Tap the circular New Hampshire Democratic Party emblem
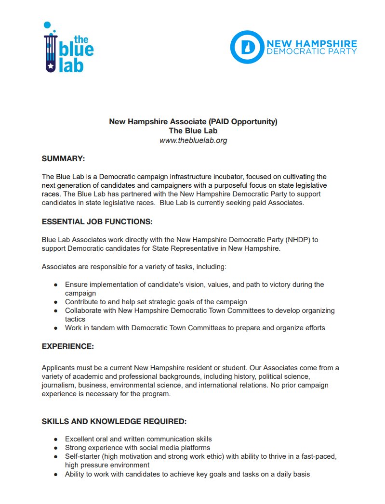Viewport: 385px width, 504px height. pyautogui.click(x=247, y=47)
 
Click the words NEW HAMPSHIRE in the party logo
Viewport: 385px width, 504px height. pyautogui.click(x=312, y=43)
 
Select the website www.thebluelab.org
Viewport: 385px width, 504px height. pyautogui.click(x=193, y=141)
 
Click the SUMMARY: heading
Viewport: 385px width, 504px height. pyautogui.click(x=63, y=158)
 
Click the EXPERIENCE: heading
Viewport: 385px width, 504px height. pyautogui.click(x=67, y=346)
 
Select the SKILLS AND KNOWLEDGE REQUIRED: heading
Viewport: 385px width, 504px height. pyautogui.click(x=114, y=421)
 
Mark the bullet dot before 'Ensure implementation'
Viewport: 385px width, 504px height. pyautogui.click(x=56, y=284)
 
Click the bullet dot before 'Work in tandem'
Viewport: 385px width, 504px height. pyautogui.click(x=56, y=328)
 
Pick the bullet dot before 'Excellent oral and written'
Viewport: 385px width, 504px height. pyautogui.click(x=56, y=439)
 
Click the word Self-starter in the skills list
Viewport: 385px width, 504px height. pyautogui.click(x=82, y=456)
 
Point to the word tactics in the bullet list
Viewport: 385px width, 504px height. pyautogui.click(x=75, y=319)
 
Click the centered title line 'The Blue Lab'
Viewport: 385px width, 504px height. pyautogui.click(x=193, y=131)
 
